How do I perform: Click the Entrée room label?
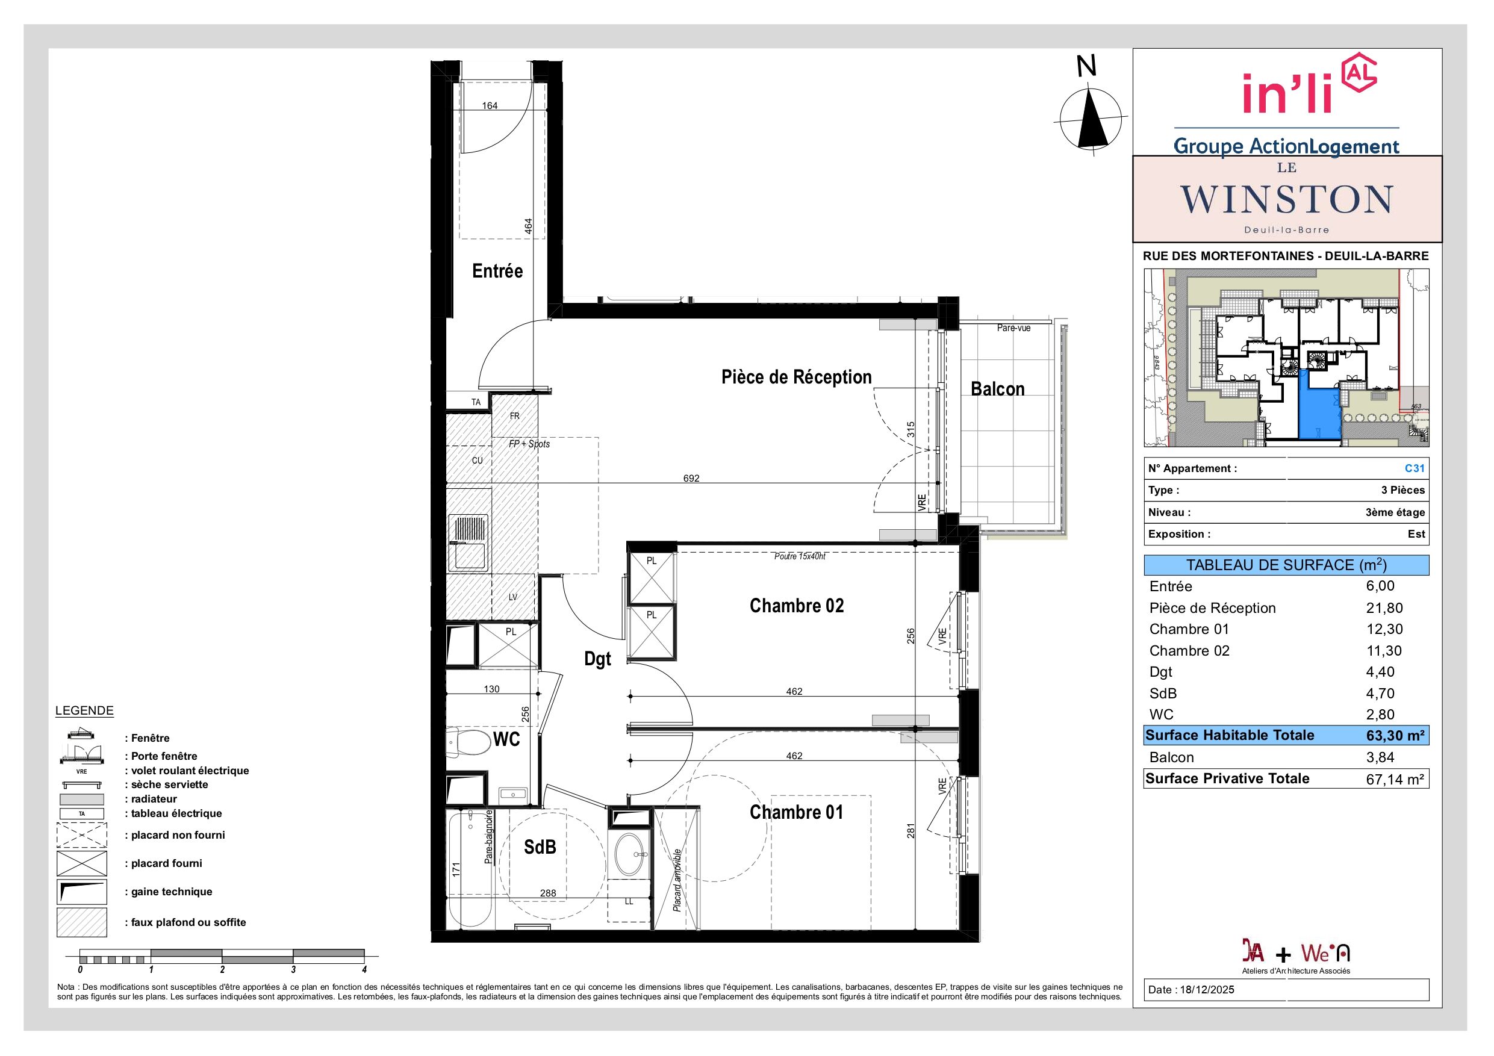pos(497,272)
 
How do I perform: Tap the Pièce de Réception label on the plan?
pos(797,377)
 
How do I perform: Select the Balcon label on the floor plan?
pos(998,389)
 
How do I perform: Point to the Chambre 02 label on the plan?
pos(797,606)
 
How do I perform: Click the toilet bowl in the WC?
pos(469,742)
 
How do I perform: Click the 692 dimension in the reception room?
pos(691,478)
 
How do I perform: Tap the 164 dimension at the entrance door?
pos(490,105)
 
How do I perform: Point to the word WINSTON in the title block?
pos(1286,199)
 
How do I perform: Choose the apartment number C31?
pos(1415,468)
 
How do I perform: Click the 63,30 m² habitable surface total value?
pos(1395,736)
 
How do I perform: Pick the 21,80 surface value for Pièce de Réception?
pos(1384,608)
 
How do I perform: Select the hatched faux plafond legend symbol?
pos(82,922)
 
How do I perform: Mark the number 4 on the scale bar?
pos(364,969)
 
